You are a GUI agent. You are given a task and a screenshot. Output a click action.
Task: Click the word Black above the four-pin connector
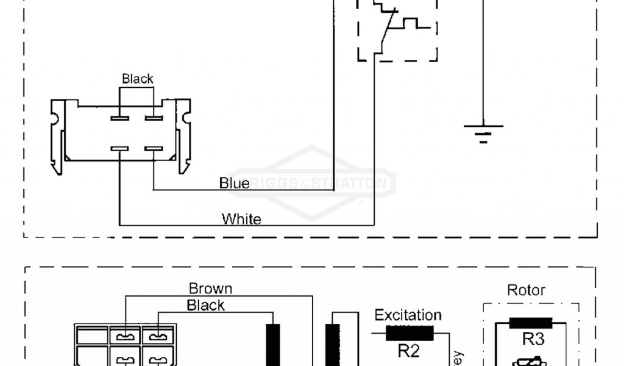138,79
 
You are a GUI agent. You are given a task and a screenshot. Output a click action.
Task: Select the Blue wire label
234,183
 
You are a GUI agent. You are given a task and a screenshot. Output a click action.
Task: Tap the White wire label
241,218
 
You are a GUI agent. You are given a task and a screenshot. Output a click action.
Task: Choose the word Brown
210,289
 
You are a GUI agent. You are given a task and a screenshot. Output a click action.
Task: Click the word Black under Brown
206,305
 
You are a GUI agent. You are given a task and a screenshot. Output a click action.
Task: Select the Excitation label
408,315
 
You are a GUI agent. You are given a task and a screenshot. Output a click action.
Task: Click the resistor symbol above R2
409,332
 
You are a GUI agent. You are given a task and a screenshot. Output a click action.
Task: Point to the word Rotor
526,290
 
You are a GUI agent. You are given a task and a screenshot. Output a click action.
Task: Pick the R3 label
532,339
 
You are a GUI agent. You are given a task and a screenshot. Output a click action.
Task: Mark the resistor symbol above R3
530,323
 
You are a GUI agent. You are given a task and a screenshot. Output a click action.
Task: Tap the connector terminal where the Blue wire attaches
153,148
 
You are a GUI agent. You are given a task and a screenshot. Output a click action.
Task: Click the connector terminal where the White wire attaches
119,148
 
